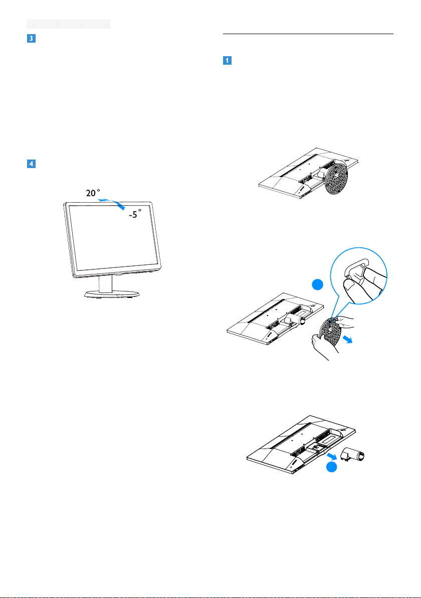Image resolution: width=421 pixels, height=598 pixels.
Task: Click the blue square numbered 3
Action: click(x=31, y=38)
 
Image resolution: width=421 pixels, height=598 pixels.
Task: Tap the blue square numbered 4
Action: click(x=31, y=164)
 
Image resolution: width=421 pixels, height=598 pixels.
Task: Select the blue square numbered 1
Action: click(x=227, y=60)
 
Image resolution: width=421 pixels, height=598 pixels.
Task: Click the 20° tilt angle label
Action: click(x=93, y=193)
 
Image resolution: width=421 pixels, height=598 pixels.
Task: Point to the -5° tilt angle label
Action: click(x=135, y=214)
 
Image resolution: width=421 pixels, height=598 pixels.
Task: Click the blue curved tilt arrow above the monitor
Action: click(x=111, y=203)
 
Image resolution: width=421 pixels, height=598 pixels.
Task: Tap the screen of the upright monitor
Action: click(x=113, y=236)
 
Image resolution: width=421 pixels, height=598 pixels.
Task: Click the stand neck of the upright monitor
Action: click(x=106, y=284)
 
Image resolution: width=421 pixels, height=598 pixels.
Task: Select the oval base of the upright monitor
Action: click(x=112, y=293)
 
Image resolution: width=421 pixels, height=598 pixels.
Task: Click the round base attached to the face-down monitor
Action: click(x=337, y=177)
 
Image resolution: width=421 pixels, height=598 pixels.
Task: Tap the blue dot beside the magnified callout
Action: click(x=317, y=284)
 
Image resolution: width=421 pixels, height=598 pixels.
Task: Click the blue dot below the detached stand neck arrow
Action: click(x=331, y=467)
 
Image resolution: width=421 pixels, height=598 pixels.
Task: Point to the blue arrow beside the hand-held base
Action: click(x=347, y=339)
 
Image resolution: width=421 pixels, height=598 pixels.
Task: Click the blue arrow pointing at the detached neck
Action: click(x=332, y=456)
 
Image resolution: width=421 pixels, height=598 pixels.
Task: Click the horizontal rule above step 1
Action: click(x=308, y=34)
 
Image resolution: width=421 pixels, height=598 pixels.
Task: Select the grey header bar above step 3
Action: click(x=69, y=24)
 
